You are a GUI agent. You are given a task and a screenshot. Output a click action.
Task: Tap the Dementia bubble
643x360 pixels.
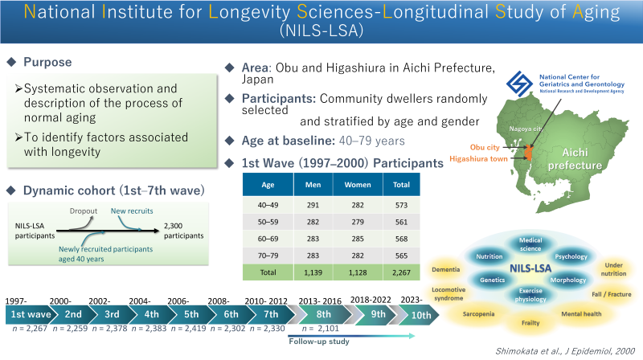pos(445,269)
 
